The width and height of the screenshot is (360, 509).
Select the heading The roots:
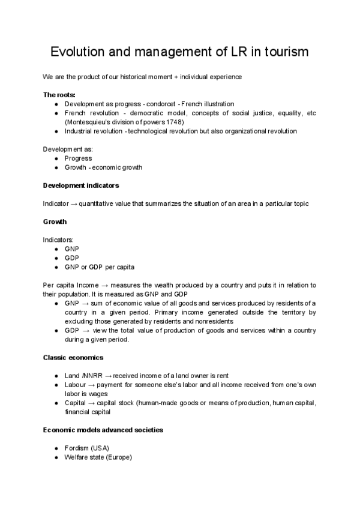[59, 95]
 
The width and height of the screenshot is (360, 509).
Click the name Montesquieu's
[90, 122]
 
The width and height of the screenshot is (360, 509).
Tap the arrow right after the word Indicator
[72, 203]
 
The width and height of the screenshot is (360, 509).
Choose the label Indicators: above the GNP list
[58, 239]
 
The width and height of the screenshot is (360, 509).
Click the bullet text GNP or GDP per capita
[100, 267]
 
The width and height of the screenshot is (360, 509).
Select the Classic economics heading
[73, 358]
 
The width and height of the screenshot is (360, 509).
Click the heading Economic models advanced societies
[103, 430]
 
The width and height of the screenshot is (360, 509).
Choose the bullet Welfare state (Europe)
[98, 457]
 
